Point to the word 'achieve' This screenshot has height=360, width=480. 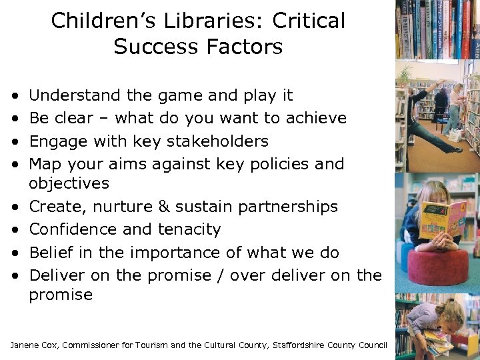[316, 119]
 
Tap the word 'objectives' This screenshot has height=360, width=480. [69, 183]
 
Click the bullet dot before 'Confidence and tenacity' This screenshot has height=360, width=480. [15, 230]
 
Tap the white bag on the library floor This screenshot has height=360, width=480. [455, 135]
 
